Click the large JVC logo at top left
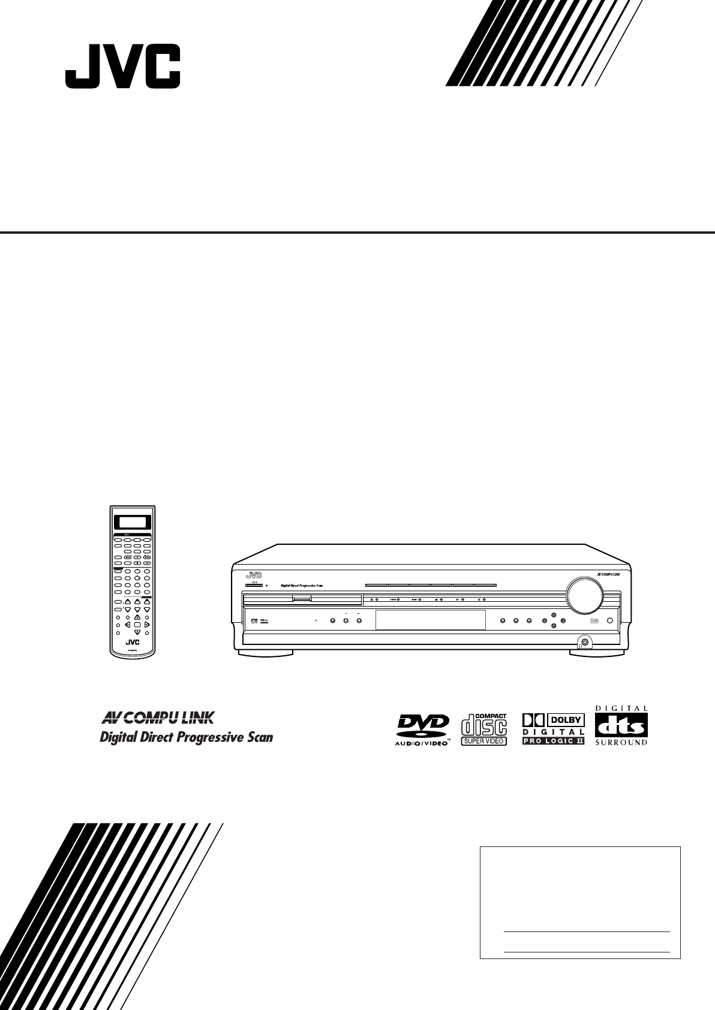pos(122,70)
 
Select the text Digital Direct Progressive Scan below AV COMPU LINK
pos(185,737)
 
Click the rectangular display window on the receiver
pos(429,620)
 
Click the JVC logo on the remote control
pos(133,643)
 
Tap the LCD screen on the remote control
pos(133,521)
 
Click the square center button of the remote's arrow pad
pos(137,625)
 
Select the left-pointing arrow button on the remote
pos(128,625)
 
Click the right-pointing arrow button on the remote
pos(147,625)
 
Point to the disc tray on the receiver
pos(302,599)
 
